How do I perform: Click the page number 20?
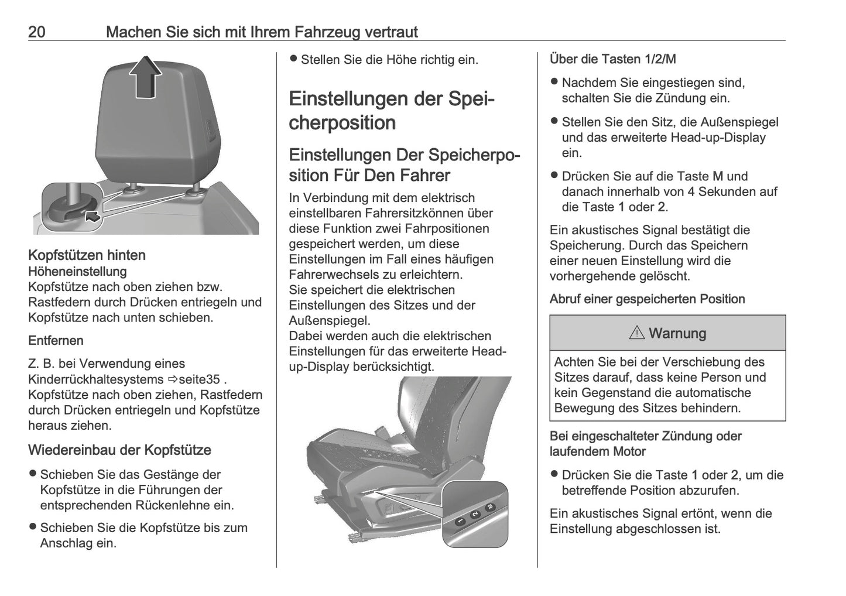pyautogui.click(x=37, y=32)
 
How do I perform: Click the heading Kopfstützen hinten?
pyautogui.click(x=87, y=255)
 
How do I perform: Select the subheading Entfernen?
pyautogui.click(x=56, y=341)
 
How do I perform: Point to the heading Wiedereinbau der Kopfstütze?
pyautogui.click(x=119, y=450)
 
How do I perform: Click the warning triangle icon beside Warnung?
pyautogui.click(x=636, y=334)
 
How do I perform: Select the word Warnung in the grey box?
pyautogui.click(x=677, y=334)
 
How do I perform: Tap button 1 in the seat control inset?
pyautogui.click(x=461, y=520)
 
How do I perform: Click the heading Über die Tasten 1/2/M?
pyautogui.click(x=612, y=59)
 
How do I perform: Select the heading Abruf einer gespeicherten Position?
pyautogui.click(x=647, y=299)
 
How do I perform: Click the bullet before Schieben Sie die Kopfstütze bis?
pyautogui.click(x=33, y=527)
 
